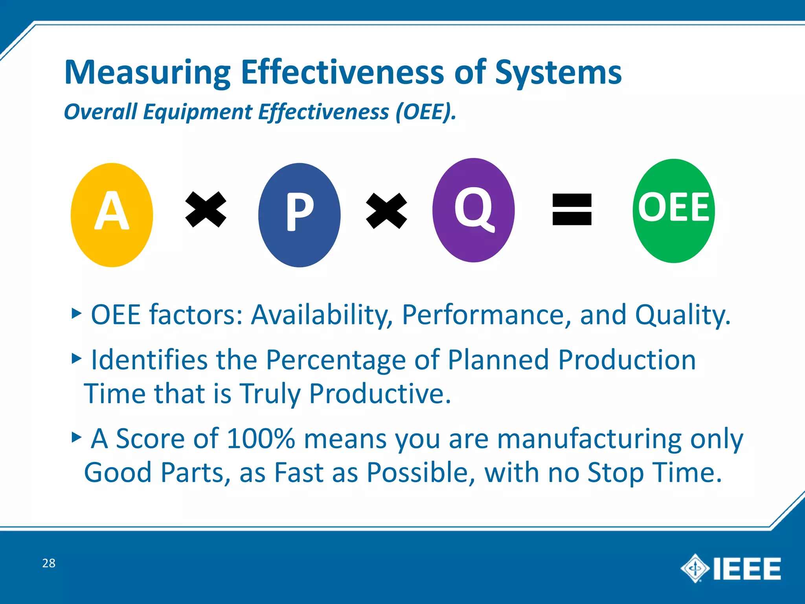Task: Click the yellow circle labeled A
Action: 112,215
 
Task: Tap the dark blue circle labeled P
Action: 299,215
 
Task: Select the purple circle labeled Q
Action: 473,210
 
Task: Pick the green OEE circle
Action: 673,211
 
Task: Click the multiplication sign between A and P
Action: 206,209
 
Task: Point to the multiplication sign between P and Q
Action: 386,210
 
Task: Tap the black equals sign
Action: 572,209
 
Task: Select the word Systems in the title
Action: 558,73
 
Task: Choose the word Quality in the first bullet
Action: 682,315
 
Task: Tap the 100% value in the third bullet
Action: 261,438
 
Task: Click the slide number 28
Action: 49,563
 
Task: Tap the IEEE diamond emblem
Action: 695,568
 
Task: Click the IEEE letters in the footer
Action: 747,569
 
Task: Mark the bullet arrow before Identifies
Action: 77,358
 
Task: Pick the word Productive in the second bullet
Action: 380,394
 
